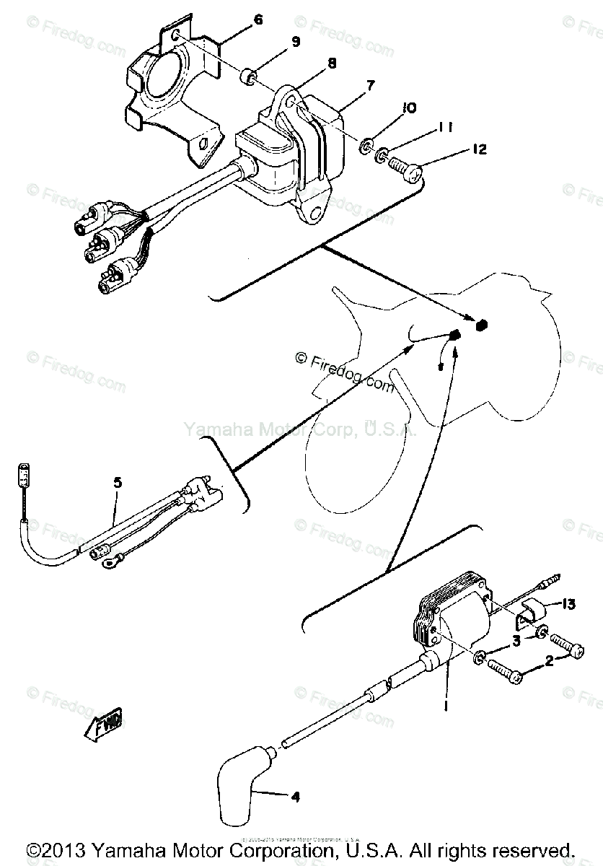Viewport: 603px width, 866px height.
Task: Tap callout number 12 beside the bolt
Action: point(479,149)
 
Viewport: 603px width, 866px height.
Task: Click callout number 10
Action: point(409,108)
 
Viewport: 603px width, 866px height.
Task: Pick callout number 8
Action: point(332,64)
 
